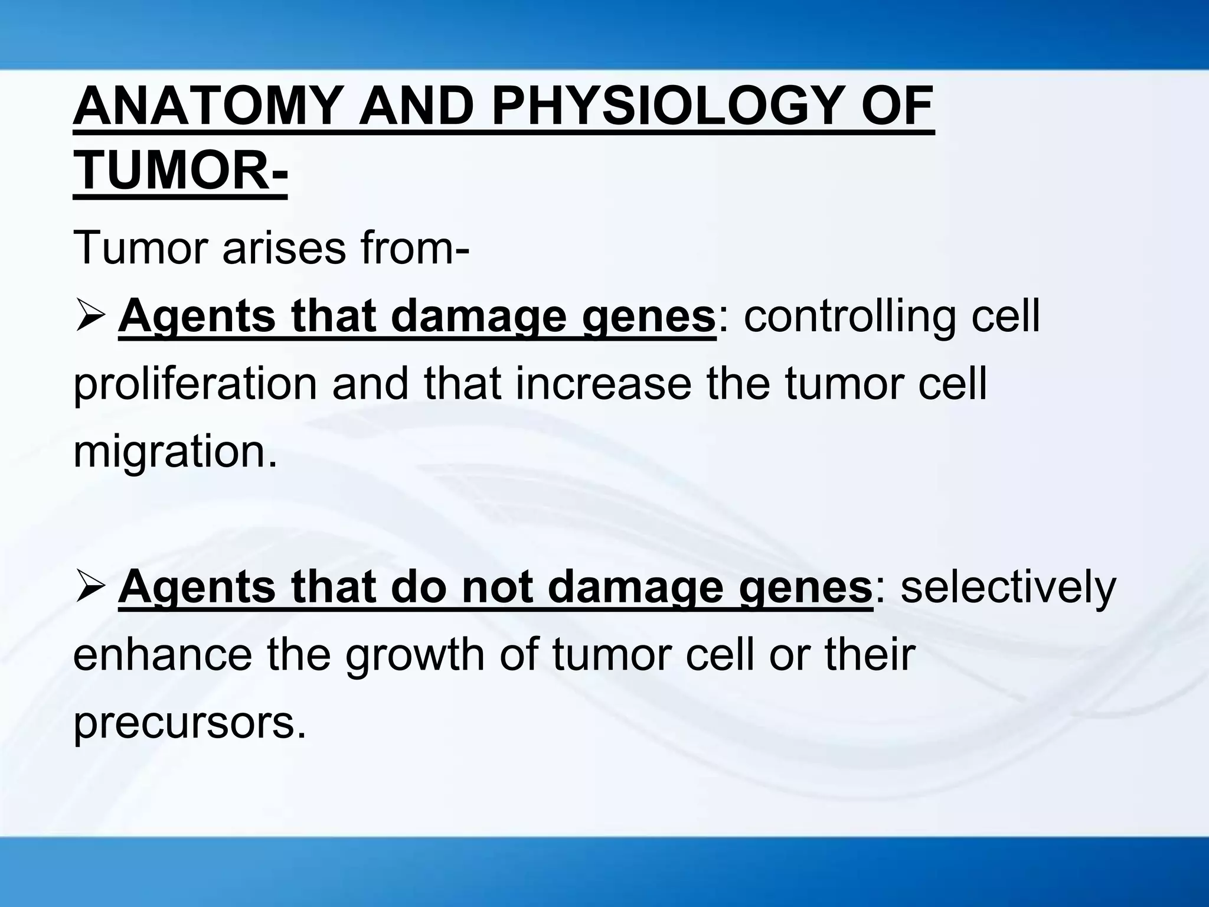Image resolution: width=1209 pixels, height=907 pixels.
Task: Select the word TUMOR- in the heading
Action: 180,171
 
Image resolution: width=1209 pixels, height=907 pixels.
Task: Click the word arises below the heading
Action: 283,248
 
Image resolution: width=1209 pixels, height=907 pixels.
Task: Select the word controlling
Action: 849,317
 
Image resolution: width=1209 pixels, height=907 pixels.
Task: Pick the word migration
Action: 174,452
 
